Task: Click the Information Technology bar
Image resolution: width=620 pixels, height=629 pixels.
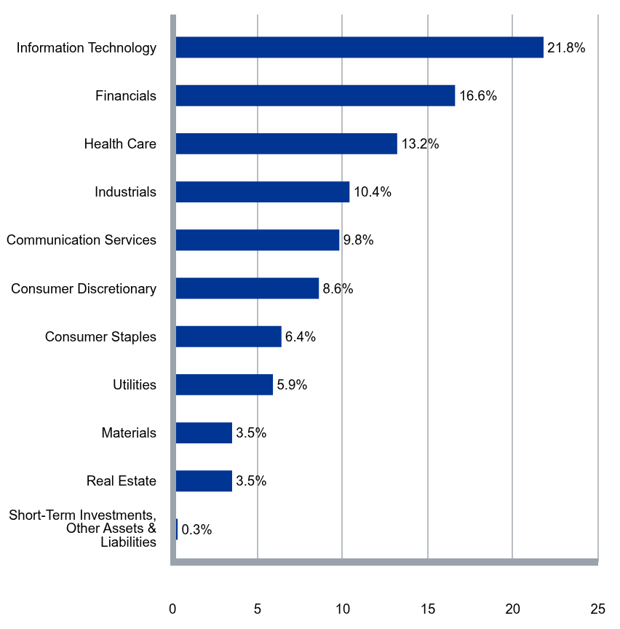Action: coord(359,47)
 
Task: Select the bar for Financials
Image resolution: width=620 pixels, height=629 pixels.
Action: coord(316,95)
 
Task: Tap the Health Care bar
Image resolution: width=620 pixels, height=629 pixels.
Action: coord(287,143)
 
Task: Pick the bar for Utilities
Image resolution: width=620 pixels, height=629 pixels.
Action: coord(225,384)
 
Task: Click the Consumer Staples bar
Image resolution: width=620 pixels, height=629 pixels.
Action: coord(228,336)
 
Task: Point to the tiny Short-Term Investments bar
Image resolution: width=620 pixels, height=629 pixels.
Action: coord(177,529)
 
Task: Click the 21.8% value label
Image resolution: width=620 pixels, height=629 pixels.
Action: coord(566,48)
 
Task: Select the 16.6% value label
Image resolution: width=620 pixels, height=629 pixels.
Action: coord(478,96)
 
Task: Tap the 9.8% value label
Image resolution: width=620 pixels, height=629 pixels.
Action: coord(358,240)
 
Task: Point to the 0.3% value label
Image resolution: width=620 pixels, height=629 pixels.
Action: coord(196,529)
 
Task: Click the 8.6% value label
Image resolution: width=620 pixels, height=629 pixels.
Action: coord(338,288)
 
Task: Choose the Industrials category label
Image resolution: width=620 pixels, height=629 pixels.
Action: coord(125,191)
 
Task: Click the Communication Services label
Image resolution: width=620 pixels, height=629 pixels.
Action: coord(82,240)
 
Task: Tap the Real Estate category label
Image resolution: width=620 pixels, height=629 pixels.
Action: coord(122,480)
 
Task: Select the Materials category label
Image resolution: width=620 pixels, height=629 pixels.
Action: coord(129,433)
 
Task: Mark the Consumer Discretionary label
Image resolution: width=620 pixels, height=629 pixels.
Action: coord(84,288)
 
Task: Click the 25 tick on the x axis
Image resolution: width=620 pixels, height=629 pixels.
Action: coord(597,609)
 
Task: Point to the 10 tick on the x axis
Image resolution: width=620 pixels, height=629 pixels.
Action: coord(342,609)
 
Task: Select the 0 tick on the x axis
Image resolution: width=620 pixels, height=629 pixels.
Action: coord(172,609)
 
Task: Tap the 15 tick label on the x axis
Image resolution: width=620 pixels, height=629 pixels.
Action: coord(428,609)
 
